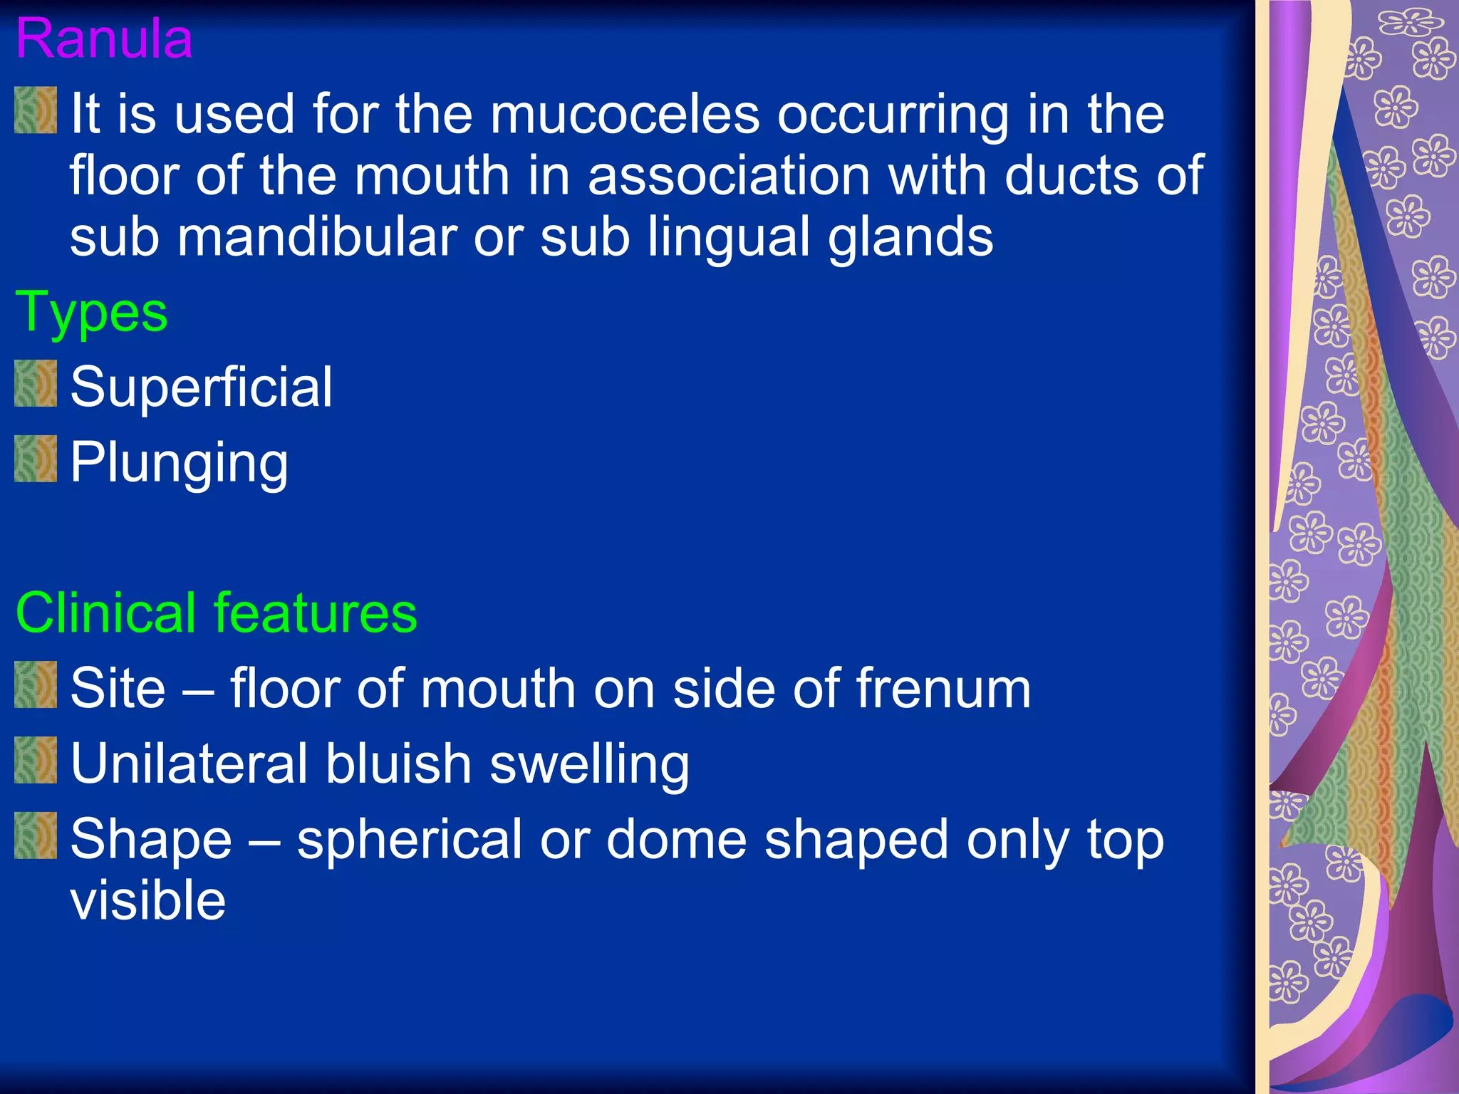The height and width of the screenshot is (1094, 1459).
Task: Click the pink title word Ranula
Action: pyautogui.click(x=104, y=38)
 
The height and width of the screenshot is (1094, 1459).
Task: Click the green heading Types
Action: pyautogui.click(x=92, y=313)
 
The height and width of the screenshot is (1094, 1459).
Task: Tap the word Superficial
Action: pyautogui.click(x=202, y=387)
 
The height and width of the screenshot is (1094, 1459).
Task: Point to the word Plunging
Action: pyautogui.click(x=180, y=463)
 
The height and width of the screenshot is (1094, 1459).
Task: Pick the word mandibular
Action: pyautogui.click(x=317, y=237)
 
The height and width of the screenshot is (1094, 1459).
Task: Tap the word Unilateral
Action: pyautogui.click(x=189, y=764)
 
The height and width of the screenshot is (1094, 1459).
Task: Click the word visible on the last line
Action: pyautogui.click(x=148, y=900)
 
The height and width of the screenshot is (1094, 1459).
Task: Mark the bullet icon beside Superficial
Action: pyautogui.click(x=36, y=383)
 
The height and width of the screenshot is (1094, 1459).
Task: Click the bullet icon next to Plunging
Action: pyautogui.click(x=36, y=459)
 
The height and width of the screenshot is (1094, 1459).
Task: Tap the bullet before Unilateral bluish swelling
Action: pyautogui.click(x=36, y=760)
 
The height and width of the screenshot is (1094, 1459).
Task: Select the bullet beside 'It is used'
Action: pyautogui.click(x=36, y=110)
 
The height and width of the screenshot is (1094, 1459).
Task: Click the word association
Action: pyautogui.click(x=729, y=176)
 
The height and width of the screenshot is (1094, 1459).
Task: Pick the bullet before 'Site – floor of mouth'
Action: pyautogui.click(x=36, y=684)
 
